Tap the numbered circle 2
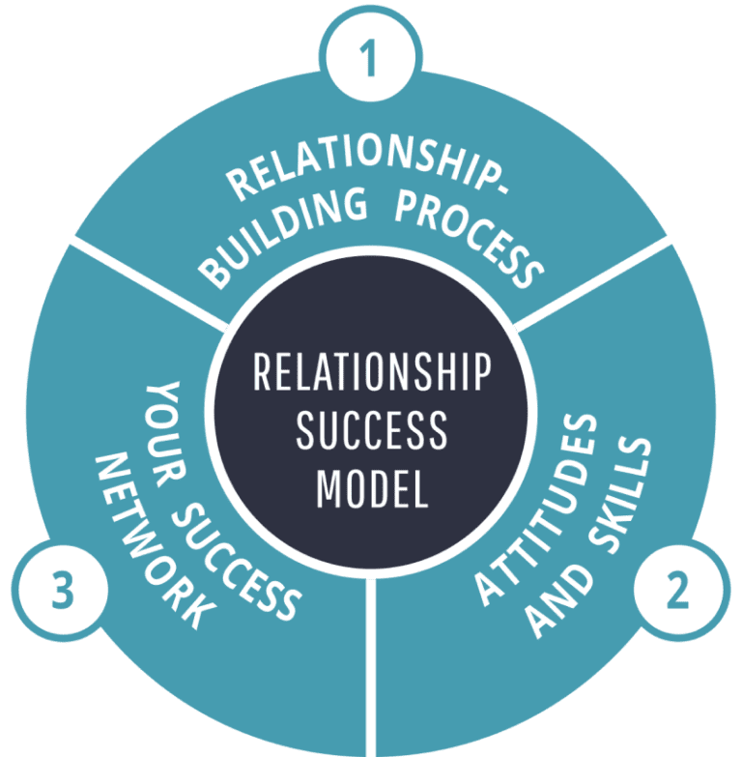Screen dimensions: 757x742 678,591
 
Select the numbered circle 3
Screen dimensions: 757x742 61,591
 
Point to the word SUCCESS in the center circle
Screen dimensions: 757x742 372,431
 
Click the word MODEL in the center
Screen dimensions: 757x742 372,489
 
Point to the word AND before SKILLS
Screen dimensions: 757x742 551,604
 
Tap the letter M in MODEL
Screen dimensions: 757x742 328,489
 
